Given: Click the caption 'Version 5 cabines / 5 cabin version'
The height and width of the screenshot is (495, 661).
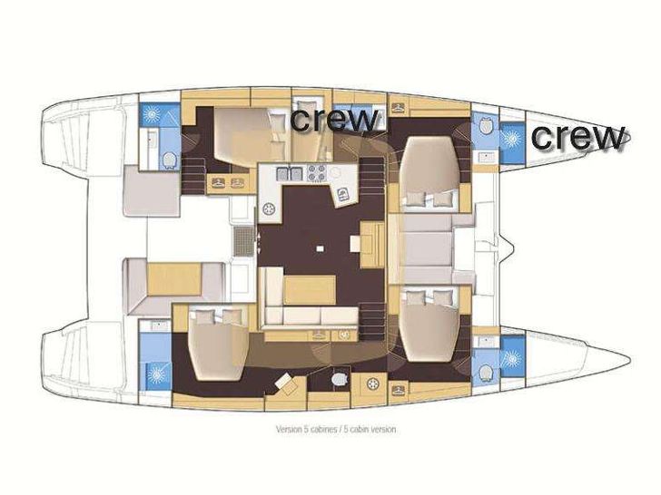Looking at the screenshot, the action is tap(336, 430).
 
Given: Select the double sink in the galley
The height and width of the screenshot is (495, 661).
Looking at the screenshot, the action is tap(289, 173).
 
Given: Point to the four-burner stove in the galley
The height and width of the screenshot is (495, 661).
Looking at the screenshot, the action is tap(317, 172).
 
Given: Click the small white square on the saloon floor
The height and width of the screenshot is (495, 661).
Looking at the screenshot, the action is tap(321, 248).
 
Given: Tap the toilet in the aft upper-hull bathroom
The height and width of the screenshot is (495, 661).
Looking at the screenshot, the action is tap(169, 160).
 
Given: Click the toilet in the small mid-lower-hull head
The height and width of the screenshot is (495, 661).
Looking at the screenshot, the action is tap(339, 379).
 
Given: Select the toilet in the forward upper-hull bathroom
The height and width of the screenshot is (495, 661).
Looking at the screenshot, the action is tap(486, 126).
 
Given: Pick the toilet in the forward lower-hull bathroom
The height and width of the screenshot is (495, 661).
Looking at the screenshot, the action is tap(486, 373).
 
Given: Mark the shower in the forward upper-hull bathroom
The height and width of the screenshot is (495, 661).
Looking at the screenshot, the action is tap(512, 138).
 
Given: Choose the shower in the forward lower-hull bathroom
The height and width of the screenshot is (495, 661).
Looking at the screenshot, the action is tap(512, 359).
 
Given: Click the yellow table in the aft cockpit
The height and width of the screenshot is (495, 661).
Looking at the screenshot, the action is tap(174, 278).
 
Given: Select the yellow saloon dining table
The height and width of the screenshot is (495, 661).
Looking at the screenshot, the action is tap(310, 289).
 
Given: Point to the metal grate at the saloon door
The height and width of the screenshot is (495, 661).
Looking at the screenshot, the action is tap(243, 241).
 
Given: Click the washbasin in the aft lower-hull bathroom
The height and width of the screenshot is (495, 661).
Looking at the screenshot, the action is tap(155, 325).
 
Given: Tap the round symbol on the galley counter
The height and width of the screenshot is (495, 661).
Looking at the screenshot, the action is tap(268, 209).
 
